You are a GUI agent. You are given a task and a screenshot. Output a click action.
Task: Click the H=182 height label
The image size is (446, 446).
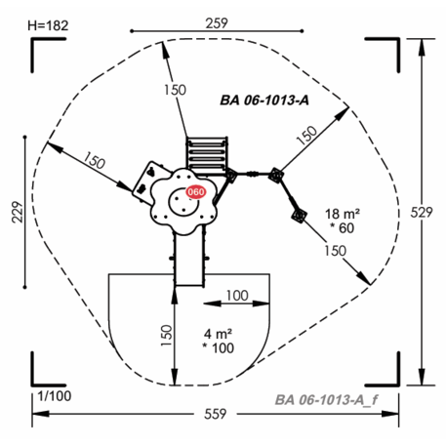pos(48,25)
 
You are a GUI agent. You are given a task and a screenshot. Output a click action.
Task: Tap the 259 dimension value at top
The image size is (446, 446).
pos(217,23)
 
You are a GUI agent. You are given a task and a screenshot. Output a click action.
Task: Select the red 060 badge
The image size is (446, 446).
pos(196,192)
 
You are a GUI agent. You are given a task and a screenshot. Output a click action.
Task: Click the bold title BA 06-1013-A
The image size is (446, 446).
pos(264,101)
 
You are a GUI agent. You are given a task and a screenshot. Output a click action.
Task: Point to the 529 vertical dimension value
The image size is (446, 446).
pos(422,212)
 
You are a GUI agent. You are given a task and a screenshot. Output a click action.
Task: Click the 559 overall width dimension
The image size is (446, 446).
pos(216,414)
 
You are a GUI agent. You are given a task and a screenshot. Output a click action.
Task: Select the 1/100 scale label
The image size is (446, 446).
pos(55,396)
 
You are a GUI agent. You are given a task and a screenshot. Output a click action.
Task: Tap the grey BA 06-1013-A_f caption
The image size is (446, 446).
pos(326,400)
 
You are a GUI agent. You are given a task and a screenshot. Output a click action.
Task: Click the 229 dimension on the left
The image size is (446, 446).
pos(18,212)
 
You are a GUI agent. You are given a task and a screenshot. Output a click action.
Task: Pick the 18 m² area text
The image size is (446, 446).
pos(343,214)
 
